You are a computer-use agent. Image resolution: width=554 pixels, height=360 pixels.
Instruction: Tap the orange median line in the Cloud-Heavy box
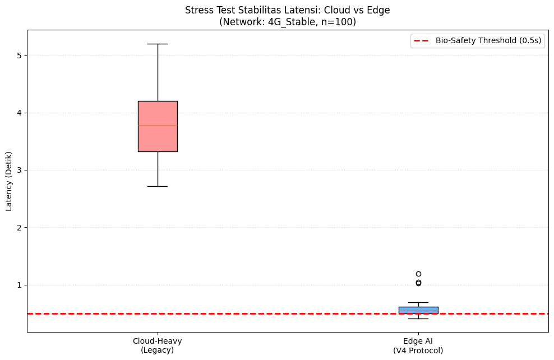[158, 125]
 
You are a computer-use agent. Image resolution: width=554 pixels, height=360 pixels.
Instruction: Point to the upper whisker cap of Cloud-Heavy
[158, 44]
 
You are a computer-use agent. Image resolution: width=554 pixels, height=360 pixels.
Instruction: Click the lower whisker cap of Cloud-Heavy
[158, 186]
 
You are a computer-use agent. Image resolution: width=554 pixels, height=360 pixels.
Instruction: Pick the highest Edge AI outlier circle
[418, 274]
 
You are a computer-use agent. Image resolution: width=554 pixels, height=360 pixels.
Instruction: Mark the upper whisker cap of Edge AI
[418, 302]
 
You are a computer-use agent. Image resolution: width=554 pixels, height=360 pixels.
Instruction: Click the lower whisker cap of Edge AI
[418, 319]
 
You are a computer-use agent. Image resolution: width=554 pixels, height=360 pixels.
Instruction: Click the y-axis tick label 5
[19, 56]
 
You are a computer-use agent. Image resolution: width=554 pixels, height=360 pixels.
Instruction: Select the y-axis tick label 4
[19, 113]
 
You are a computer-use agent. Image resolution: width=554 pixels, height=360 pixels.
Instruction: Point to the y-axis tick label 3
[19, 170]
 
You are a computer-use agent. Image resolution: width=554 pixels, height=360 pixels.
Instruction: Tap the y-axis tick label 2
[19, 228]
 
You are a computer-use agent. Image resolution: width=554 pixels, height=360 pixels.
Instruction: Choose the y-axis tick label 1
[19, 285]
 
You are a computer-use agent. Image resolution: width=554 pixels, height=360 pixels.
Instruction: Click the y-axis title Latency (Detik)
[8, 181]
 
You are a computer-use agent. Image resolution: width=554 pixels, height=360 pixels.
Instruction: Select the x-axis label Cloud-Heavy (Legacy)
[158, 345]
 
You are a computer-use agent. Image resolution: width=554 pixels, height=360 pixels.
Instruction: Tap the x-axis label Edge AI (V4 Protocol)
[418, 345]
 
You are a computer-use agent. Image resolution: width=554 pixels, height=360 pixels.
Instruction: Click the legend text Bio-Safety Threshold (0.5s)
[488, 40]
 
